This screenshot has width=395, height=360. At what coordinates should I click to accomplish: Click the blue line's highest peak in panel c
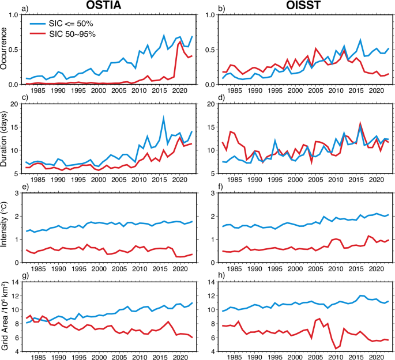pos(164,118)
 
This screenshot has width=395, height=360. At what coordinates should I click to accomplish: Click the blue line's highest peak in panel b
pos(360,40)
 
